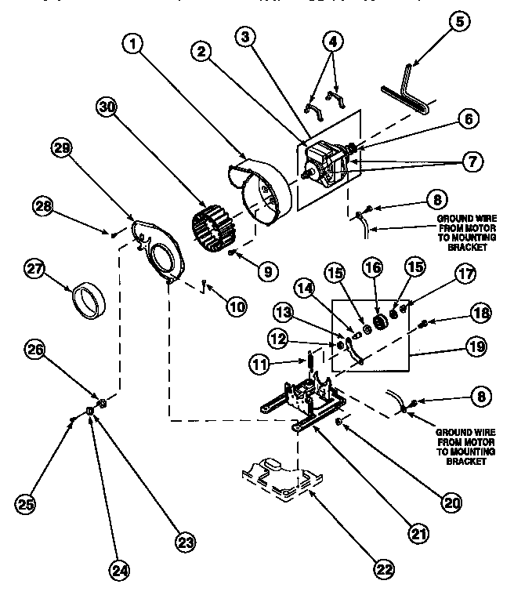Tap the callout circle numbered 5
pyautogui.click(x=459, y=21)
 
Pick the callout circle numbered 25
pyautogui.click(x=26, y=504)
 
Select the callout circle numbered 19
pyautogui.click(x=479, y=344)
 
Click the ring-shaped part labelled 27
pyautogui.click(x=88, y=302)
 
